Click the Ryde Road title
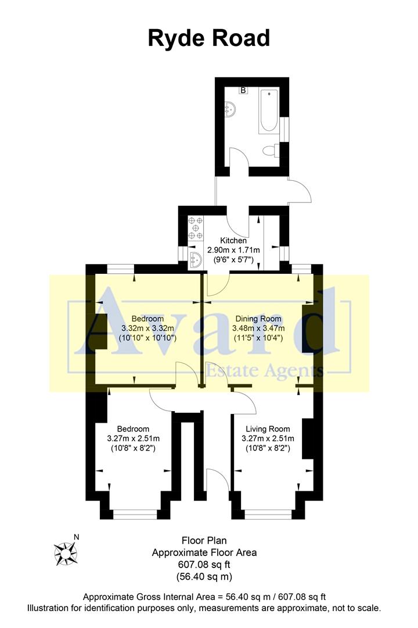click(x=209, y=38)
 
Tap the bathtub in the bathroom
click(x=269, y=110)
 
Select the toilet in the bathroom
click(x=269, y=151)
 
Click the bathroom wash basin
click(x=230, y=109)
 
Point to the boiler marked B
click(x=244, y=90)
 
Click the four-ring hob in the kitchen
click(x=195, y=228)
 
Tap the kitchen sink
click(x=196, y=259)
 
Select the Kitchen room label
click(x=233, y=240)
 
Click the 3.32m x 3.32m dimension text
click(x=147, y=328)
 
